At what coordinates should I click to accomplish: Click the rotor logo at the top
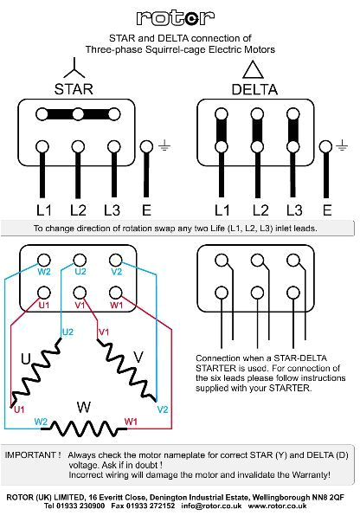click(x=179, y=16)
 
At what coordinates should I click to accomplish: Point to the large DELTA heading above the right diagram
click(x=254, y=90)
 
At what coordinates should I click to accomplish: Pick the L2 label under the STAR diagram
click(x=78, y=209)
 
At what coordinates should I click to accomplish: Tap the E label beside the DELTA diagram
click(x=326, y=209)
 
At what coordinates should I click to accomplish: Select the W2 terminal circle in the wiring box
click(x=43, y=259)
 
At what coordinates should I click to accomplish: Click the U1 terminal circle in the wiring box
click(x=43, y=292)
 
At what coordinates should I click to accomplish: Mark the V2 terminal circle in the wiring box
click(x=114, y=259)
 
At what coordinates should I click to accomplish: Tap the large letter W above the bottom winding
click(x=83, y=407)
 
